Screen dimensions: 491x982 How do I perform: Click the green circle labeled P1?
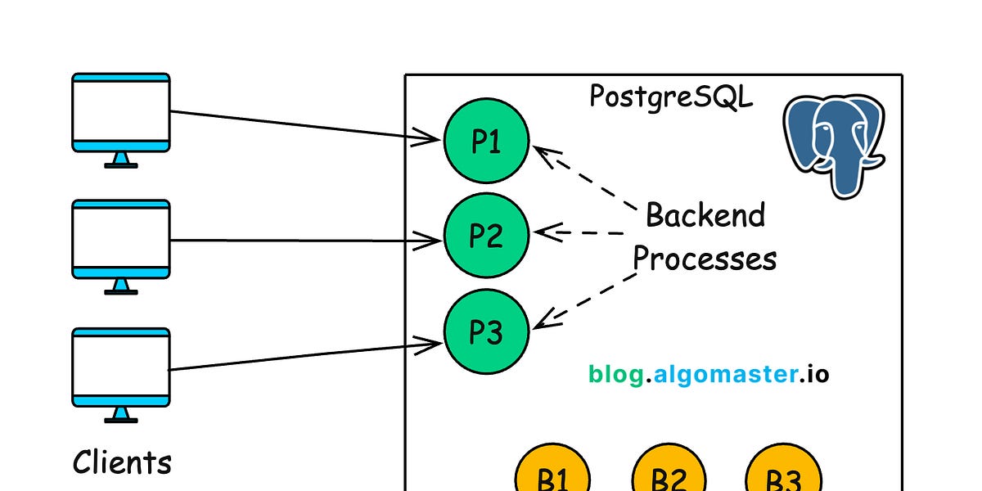click(x=486, y=142)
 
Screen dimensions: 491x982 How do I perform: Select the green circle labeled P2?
click(x=486, y=236)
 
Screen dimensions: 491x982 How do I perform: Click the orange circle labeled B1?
click(x=552, y=476)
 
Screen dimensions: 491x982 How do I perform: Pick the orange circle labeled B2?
click(x=669, y=476)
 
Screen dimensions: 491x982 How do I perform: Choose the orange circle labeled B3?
click(x=783, y=476)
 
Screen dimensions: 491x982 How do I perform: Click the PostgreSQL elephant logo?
click(x=833, y=143)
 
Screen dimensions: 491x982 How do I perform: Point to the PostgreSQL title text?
click(x=671, y=97)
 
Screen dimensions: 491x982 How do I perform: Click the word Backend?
click(x=705, y=215)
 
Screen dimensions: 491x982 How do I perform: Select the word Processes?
click(x=705, y=259)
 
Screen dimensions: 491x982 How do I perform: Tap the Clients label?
click(x=122, y=462)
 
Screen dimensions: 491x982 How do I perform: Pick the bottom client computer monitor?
click(x=121, y=368)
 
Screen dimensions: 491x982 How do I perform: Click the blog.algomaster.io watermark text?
click(x=709, y=375)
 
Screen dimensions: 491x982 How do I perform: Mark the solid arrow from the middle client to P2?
click(x=303, y=241)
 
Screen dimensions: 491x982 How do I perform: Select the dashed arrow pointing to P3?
click(x=585, y=301)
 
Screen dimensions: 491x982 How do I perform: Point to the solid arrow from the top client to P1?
click(x=303, y=126)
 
